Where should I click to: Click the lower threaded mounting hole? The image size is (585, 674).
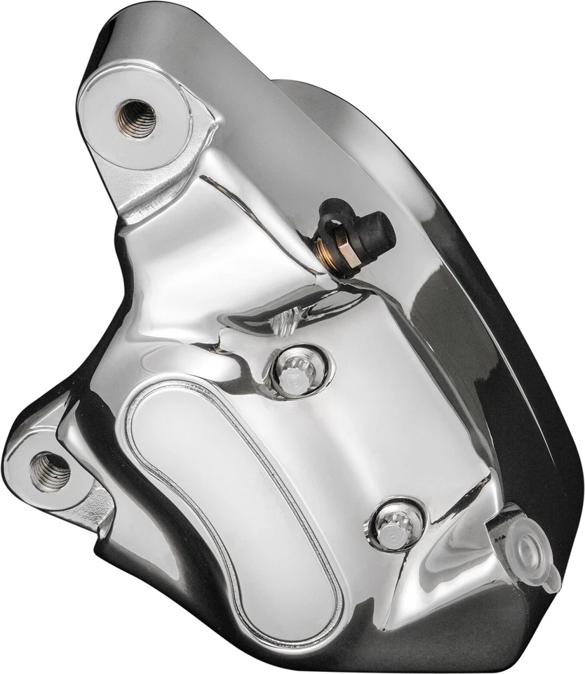point(50,470)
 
